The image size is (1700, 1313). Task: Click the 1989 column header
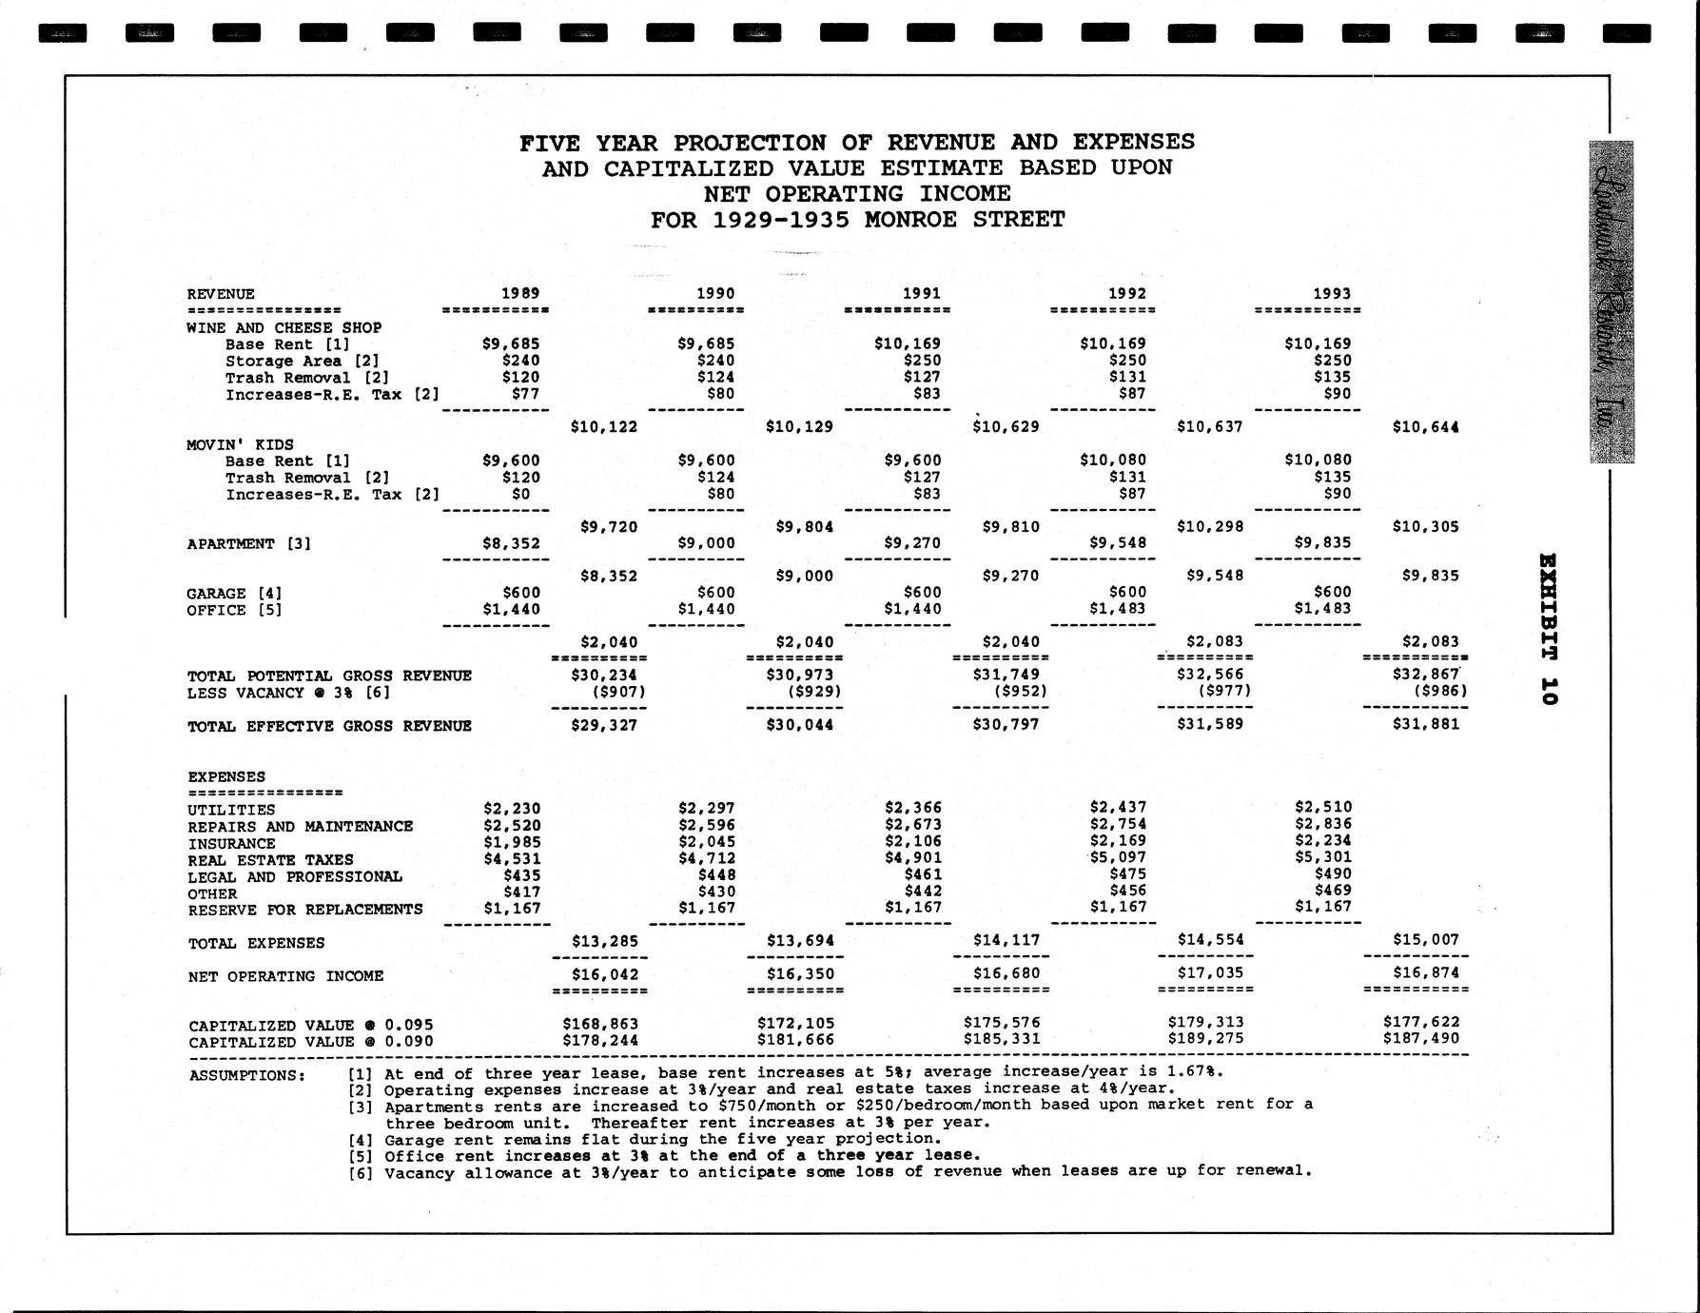(x=520, y=293)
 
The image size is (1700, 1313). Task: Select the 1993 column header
(x=1331, y=293)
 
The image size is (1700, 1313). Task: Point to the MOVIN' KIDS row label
(x=240, y=444)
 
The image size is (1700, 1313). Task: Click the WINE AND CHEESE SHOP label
(x=284, y=327)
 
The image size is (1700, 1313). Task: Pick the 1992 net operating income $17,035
(x=1210, y=973)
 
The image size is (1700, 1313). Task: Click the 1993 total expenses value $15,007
(x=1425, y=940)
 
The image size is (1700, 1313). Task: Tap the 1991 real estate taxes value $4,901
(x=912, y=858)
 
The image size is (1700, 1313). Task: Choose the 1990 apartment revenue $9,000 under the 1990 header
(x=707, y=543)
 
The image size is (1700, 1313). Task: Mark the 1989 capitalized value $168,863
(x=600, y=1024)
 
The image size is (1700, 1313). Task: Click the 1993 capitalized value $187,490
(x=1420, y=1039)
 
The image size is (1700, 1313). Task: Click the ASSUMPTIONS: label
(x=246, y=1075)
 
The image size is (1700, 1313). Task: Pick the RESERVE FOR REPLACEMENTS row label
(x=305, y=910)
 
